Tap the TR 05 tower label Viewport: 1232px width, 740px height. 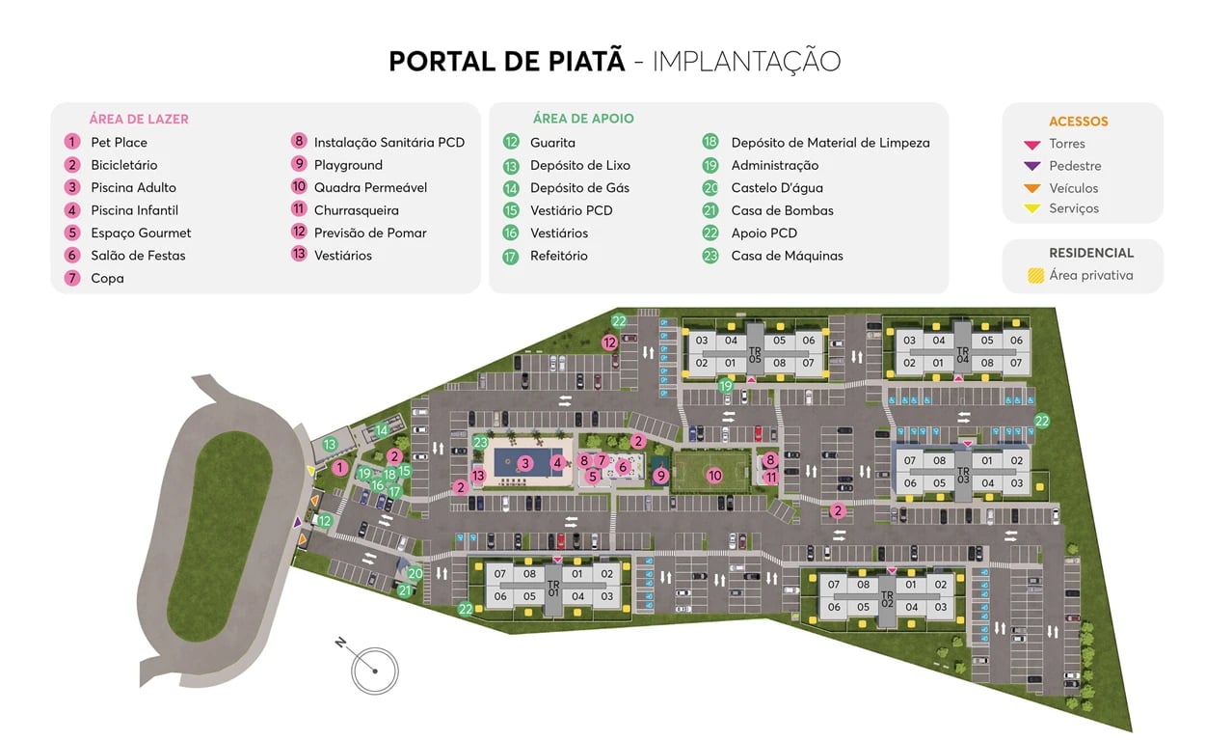point(754,354)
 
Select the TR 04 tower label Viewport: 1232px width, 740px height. point(962,354)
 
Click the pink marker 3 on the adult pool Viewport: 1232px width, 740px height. point(524,463)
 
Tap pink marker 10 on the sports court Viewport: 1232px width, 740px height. point(714,475)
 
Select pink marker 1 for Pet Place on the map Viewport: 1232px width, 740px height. point(339,468)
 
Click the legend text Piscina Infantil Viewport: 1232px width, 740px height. point(134,210)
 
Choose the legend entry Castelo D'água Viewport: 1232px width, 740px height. point(776,188)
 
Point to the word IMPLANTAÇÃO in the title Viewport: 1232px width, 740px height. point(746,61)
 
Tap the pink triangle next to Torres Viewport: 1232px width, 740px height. point(1031,145)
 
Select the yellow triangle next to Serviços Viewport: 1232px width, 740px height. point(1031,209)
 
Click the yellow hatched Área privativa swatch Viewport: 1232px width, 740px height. point(1035,276)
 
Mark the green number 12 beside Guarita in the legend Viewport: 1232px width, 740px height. point(511,143)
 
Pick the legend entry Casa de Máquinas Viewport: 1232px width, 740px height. point(787,256)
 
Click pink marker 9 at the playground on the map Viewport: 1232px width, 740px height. point(660,475)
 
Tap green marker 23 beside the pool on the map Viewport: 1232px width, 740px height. point(480,443)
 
